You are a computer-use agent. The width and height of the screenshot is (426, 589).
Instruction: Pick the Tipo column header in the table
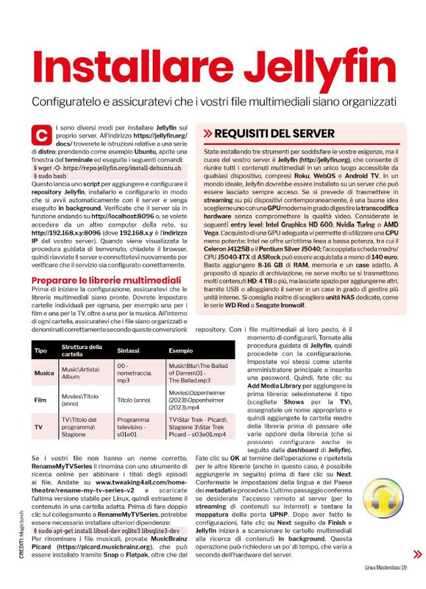[41, 350]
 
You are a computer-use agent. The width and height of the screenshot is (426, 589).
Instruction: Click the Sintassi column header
[129, 350]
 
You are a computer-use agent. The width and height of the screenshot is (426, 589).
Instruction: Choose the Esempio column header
[181, 350]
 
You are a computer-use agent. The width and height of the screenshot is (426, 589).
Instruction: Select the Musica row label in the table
[44, 373]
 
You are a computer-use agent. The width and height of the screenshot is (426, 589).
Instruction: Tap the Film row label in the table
[40, 400]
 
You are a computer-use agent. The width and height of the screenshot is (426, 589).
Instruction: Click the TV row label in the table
[38, 426]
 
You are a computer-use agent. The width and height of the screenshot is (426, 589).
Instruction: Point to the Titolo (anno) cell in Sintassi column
[135, 400]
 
